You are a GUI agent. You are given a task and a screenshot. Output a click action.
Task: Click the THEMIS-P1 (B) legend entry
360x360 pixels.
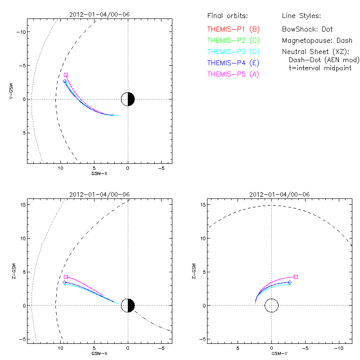pyautogui.click(x=233, y=29)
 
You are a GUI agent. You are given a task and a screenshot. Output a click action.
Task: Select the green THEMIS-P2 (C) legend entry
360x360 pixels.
pyautogui.click(x=233, y=40)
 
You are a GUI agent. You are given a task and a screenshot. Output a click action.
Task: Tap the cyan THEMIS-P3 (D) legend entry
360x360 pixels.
pyautogui.click(x=233, y=52)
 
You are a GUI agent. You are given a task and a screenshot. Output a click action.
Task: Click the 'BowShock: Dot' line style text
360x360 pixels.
pyautogui.click(x=307, y=29)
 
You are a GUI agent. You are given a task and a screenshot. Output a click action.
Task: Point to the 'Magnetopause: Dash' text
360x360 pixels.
pyautogui.click(x=317, y=40)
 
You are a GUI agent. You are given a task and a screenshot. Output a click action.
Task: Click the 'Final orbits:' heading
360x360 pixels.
pyautogui.click(x=227, y=16)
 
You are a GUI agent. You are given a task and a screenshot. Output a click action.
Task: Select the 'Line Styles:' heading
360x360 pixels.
pyautogui.click(x=301, y=16)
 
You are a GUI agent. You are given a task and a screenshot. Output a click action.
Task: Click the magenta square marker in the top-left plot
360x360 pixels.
pyautogui.click(x=66, y=75)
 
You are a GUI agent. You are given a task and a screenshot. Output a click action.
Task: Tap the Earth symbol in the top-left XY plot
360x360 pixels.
pyautogui.click(x=128, y=99)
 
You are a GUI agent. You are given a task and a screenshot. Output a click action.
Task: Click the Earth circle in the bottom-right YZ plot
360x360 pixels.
pyautogui.click(x=271, y=306)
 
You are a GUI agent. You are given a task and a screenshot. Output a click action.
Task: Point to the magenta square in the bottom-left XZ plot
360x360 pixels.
pyautogui.click(x=66, y=277)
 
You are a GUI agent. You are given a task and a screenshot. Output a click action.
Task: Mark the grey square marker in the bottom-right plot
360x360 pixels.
pyautogui.click(x=296, y=277)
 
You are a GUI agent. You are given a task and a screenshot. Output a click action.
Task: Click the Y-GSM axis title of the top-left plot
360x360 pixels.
pyautogui.click(x=12, y=91)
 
